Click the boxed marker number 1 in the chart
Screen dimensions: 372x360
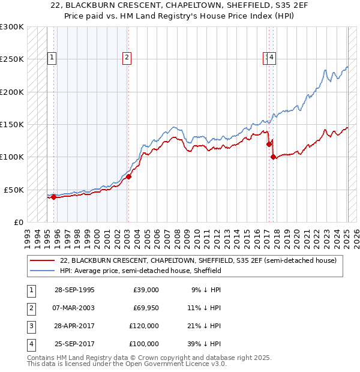tap(53, 58)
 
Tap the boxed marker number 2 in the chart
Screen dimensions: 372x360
tap(128, 58)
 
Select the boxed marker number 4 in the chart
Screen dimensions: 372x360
tap(272, 58)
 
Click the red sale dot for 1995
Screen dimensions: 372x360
tap(54, 197)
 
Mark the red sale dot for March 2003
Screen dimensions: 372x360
tap(128, 176)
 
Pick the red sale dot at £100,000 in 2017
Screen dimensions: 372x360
tap(273, 157)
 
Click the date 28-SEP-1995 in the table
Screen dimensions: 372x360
tap(74, 290)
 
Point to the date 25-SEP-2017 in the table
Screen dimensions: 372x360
tap(74, 344)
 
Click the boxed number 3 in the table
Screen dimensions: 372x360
tap(29, 326)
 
